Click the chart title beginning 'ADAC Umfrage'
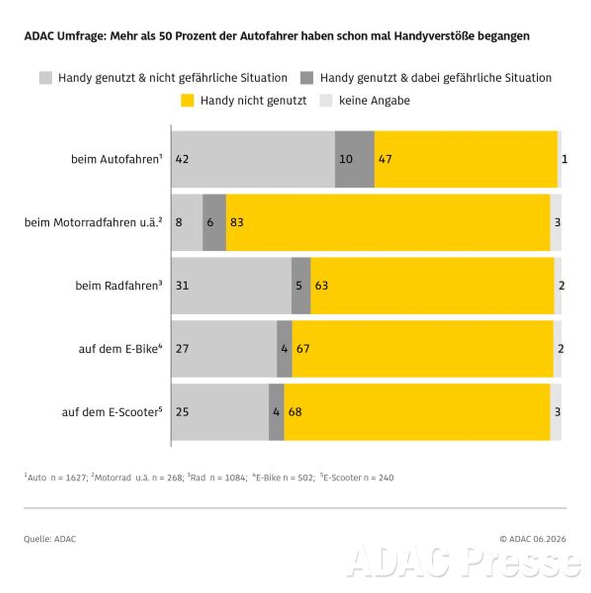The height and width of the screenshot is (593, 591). [277, 36]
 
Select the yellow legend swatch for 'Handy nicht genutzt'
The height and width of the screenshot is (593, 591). [187, 100]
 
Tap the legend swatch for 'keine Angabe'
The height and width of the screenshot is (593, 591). [326, 100]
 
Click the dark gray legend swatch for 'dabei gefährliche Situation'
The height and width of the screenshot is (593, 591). [307, 78]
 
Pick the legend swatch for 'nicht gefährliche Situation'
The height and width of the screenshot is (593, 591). [46, 78]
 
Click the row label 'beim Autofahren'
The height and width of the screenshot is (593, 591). [117, 159]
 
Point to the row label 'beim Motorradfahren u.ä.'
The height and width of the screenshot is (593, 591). [93, 223]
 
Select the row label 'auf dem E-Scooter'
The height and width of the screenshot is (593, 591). [112, 412]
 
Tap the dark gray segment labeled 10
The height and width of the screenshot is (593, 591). [355, 159]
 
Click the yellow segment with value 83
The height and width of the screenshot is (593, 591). [388, 223]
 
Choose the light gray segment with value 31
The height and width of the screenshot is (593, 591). [232, 286]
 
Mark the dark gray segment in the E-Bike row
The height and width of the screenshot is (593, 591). [284, 349]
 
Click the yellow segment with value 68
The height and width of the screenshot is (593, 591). [417, 412]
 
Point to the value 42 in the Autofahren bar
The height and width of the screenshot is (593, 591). [182, 159]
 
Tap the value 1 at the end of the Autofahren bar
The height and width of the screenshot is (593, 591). [565, 159]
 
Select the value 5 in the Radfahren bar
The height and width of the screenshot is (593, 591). [299, 286]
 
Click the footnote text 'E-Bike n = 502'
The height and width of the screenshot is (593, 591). [284, 478]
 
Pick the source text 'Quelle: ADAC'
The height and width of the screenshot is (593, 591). [50, 539]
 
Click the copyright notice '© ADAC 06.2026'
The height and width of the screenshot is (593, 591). [533, 539]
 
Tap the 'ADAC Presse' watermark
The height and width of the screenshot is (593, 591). [465, 561]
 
